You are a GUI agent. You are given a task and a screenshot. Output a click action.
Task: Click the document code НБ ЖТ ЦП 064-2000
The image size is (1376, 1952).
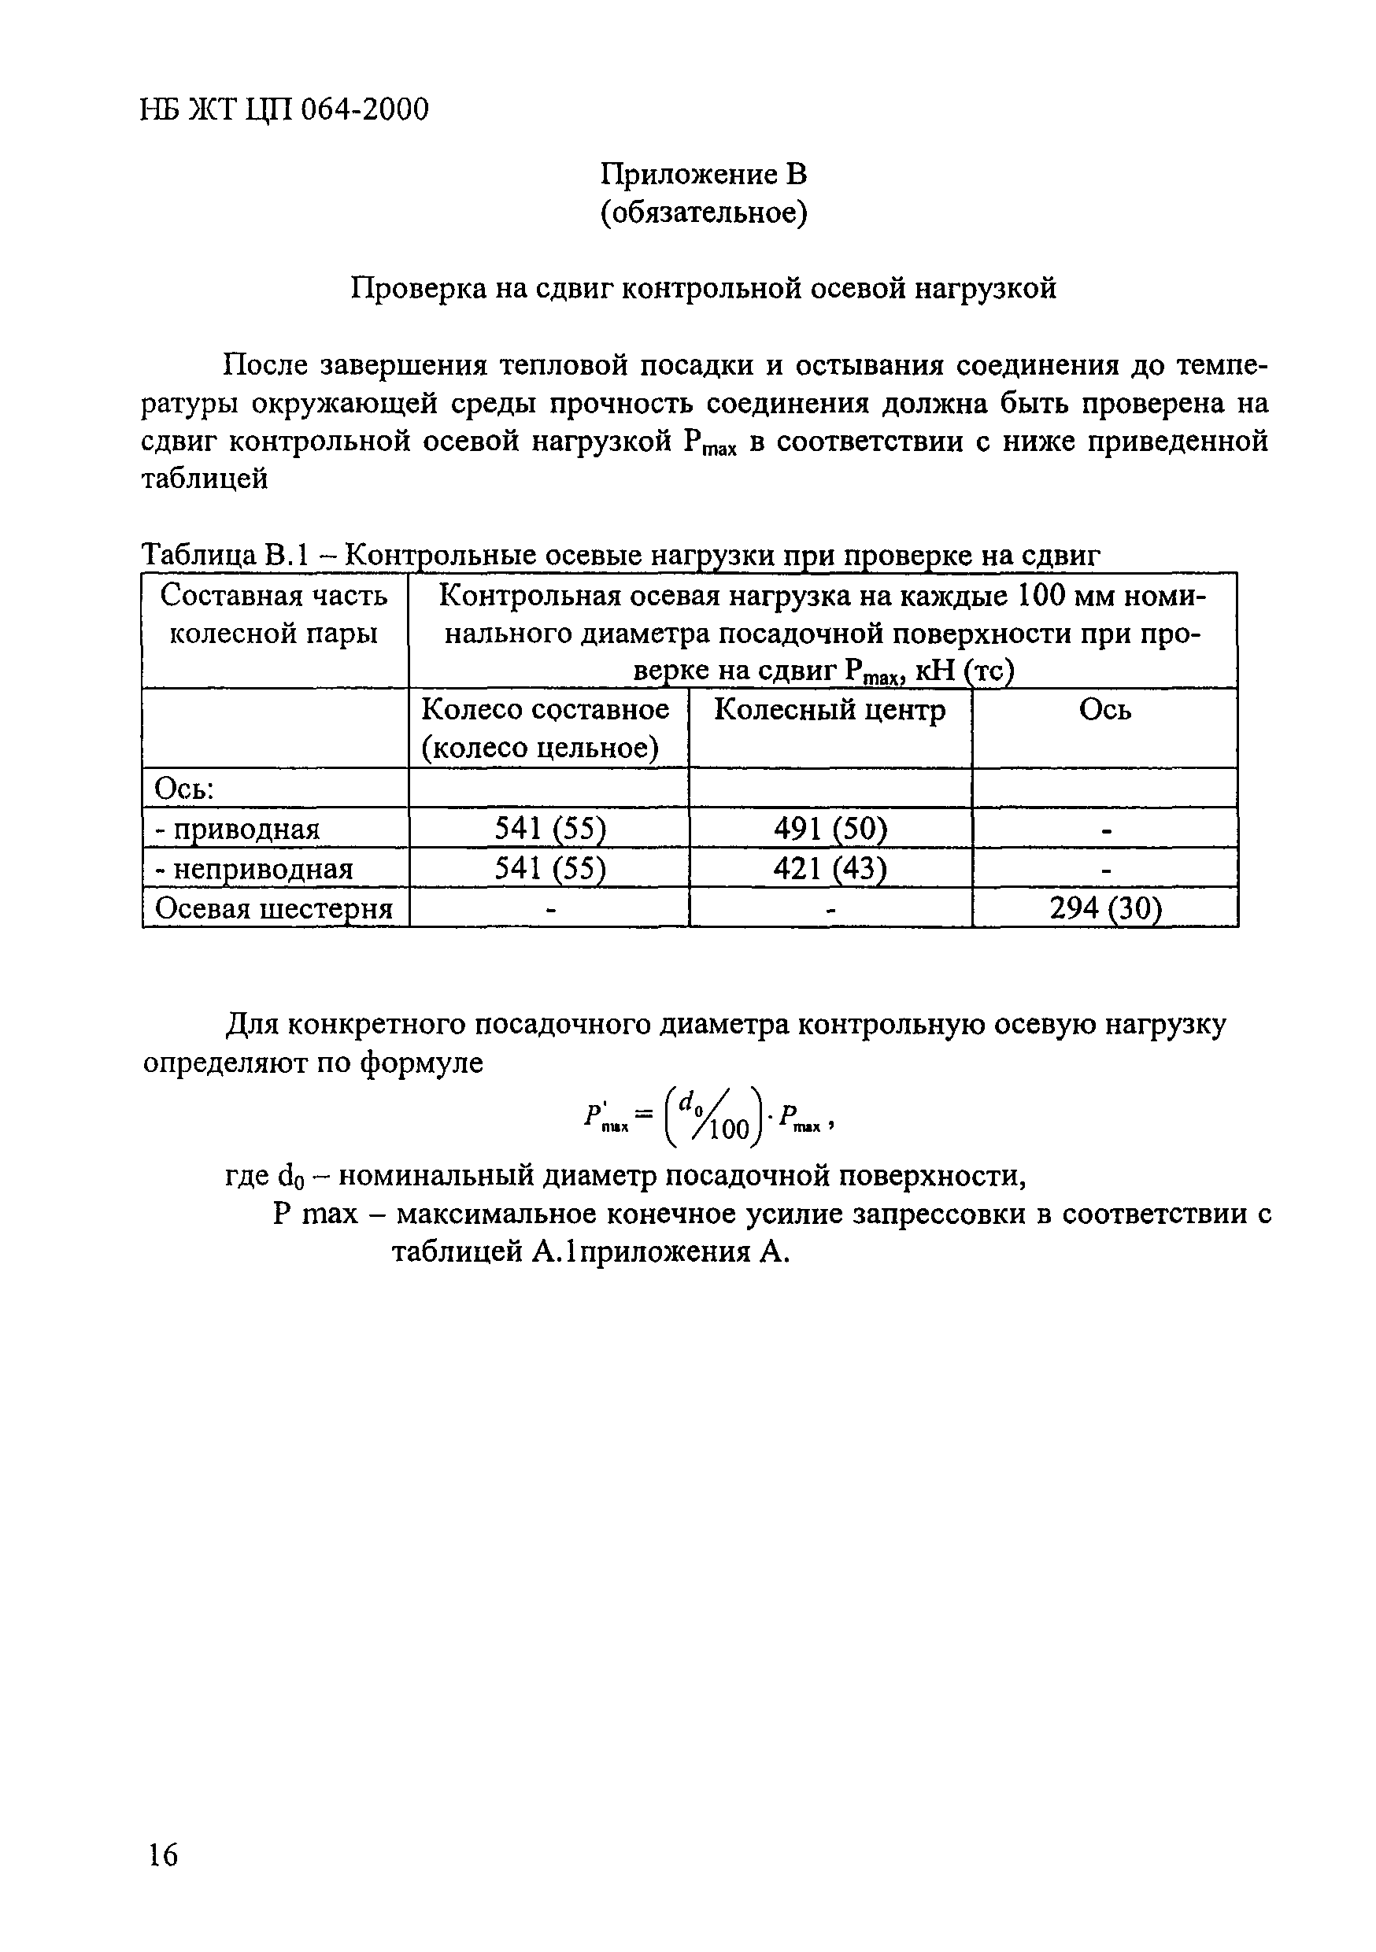[x=284, y=109]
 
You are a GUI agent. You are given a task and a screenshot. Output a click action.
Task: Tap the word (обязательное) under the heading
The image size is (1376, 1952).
[x=703, y=213]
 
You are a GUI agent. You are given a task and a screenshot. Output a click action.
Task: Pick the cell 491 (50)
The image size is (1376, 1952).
[x=829, y=828]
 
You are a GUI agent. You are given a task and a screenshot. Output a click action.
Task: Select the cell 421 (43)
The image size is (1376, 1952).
[x=829, y=868]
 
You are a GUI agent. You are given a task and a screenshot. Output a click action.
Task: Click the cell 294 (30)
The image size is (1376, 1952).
[x=1104, y=909]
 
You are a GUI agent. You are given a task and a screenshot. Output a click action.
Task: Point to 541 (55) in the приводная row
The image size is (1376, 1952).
[x=549, y=828]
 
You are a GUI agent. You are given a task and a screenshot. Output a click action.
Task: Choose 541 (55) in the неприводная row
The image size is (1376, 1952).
[x=549, y=868]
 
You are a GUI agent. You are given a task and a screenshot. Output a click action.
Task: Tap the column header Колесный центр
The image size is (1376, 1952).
[x=829, y=710]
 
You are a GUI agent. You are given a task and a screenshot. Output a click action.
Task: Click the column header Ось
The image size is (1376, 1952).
[x=1104, y=710]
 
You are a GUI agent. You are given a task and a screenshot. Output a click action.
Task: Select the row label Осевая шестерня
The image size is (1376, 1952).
[x=273, y=909]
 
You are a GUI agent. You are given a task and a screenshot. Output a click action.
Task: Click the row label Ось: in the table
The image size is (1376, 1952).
[x=183, y=789]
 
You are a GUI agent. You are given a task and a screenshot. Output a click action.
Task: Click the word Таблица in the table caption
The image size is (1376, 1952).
[x=198, y=555]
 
